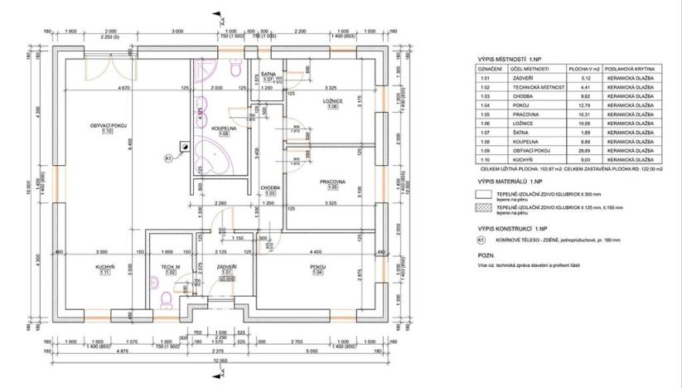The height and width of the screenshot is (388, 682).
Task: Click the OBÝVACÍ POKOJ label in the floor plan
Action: click(x=108, y=125)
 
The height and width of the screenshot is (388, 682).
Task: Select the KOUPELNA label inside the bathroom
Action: click(x=224, y=129)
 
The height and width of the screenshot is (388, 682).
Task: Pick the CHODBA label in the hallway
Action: click(x=269, y=187)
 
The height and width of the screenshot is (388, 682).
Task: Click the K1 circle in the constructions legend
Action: click(x=481, y=240)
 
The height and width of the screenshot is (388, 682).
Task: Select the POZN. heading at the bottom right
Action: click(x=486, y=258)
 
